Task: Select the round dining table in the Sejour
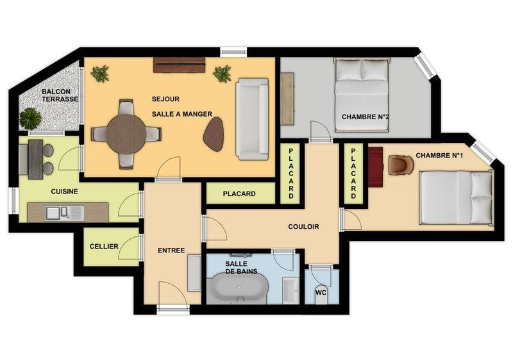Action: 126,133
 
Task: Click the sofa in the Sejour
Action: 252,119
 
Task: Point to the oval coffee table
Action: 214,135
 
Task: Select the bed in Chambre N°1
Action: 456,197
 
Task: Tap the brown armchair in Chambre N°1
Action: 400,165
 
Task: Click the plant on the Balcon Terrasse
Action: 29,118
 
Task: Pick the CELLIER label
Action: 103,246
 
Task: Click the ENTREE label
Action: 171,251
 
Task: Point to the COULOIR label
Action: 303,226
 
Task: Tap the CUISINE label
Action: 65,191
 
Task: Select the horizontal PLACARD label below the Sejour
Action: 239,193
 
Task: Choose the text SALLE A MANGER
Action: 182,113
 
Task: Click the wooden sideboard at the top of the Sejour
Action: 179,64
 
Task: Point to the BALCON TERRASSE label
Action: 60,95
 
